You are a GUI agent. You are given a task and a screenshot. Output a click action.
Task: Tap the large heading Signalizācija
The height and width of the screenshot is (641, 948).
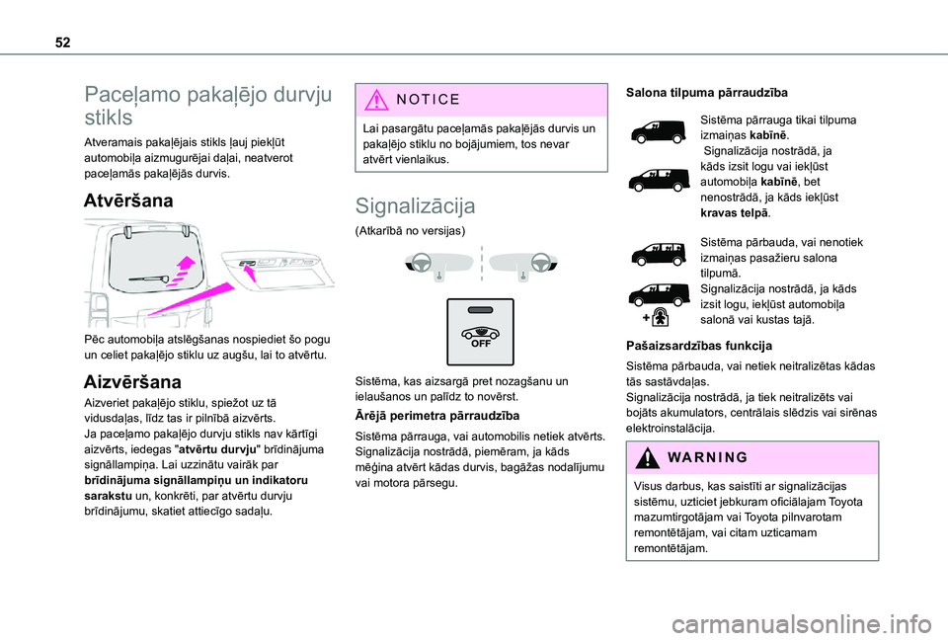point(415,205)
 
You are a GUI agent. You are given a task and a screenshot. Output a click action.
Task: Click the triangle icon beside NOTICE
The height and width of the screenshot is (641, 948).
point(379,100)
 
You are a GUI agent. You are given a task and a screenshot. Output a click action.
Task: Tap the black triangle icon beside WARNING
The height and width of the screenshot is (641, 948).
point(647,457)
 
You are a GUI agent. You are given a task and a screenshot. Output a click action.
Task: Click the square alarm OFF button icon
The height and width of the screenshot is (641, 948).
point(480,331)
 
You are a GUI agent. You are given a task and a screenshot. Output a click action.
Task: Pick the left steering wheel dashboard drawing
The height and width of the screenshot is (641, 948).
point(429,264)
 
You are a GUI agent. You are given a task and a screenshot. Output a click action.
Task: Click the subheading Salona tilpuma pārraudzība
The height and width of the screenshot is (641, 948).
point(706,92)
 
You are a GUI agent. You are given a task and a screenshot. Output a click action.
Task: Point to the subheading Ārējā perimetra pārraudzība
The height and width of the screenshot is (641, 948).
point(435,416)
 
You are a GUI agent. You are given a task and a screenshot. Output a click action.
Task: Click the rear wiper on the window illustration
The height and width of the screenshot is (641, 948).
point(158,281)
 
